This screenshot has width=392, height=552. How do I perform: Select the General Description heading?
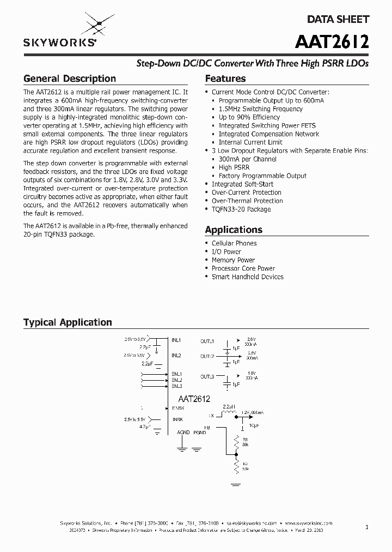(x=70, y=79)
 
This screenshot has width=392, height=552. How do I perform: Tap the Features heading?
(x=225, y=79)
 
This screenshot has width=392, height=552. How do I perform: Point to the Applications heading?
(x=234, y=230)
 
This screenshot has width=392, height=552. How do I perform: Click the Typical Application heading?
(x=68, y=322)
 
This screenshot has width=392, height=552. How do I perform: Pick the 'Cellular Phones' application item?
(x=234, y=243)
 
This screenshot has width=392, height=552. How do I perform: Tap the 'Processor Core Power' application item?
(x=243, y=268)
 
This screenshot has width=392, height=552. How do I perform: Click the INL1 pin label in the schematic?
(x=176, y=340)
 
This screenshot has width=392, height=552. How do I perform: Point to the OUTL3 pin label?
(x=207, y=376)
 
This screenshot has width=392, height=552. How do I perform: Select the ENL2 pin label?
(x=176, y=380)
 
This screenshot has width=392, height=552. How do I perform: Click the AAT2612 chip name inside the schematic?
(x=191, y=399)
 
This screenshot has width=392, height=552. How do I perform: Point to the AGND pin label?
(x=183, y=433)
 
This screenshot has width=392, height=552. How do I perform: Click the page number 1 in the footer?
(x=367, y=527)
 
